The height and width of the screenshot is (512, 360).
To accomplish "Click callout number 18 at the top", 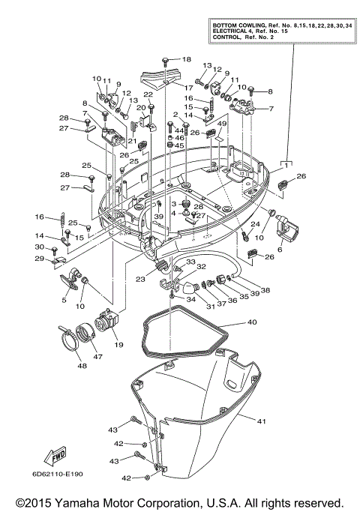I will click(187, 59).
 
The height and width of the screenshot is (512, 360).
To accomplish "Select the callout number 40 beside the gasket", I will click(251, 322).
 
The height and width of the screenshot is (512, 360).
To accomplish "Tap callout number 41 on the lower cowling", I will click(261, 421).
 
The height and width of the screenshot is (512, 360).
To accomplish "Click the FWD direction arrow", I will click(55, 457).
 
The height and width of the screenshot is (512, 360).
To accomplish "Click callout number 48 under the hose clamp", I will click(81, 366).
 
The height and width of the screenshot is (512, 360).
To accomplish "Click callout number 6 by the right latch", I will click(280, 251).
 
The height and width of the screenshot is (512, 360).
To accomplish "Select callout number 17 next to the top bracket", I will click(178, 88).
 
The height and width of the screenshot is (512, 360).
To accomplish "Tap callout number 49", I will click(222, 123).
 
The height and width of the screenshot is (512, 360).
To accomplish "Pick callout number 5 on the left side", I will click(64, 299).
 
